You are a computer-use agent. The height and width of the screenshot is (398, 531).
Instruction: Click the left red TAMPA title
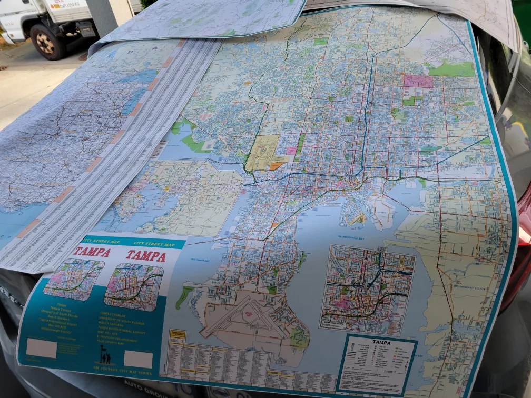coord(91,252)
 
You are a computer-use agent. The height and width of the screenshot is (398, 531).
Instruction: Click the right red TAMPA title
coord(145,256)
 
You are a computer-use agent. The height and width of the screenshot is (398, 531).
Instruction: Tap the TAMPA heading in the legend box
coord(381,342)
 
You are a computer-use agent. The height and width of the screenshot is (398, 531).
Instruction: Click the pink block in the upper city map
coord(418,81)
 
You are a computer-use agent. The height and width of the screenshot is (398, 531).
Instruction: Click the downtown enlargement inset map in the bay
coord(367,288)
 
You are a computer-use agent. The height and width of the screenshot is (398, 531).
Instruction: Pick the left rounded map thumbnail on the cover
coord(74,278)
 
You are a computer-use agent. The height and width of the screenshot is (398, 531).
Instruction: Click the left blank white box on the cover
coord(41,348)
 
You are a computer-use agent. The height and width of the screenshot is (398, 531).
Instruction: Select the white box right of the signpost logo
coord(138,359)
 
